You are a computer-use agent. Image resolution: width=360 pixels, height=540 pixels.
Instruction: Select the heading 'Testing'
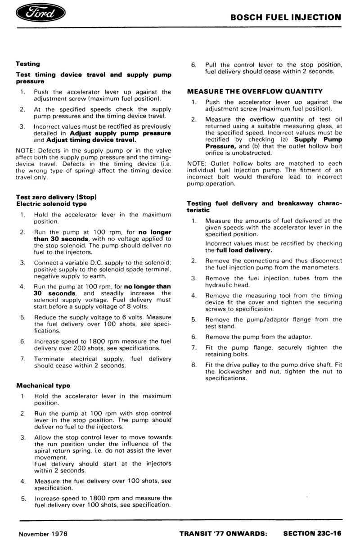pos(28,64)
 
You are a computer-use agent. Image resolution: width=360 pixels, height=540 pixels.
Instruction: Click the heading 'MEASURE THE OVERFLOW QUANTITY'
pos(255,91)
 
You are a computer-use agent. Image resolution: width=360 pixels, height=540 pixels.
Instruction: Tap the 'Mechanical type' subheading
pos(43,386)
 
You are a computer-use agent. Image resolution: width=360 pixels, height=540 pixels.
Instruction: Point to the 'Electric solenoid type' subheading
pos(51,204)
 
